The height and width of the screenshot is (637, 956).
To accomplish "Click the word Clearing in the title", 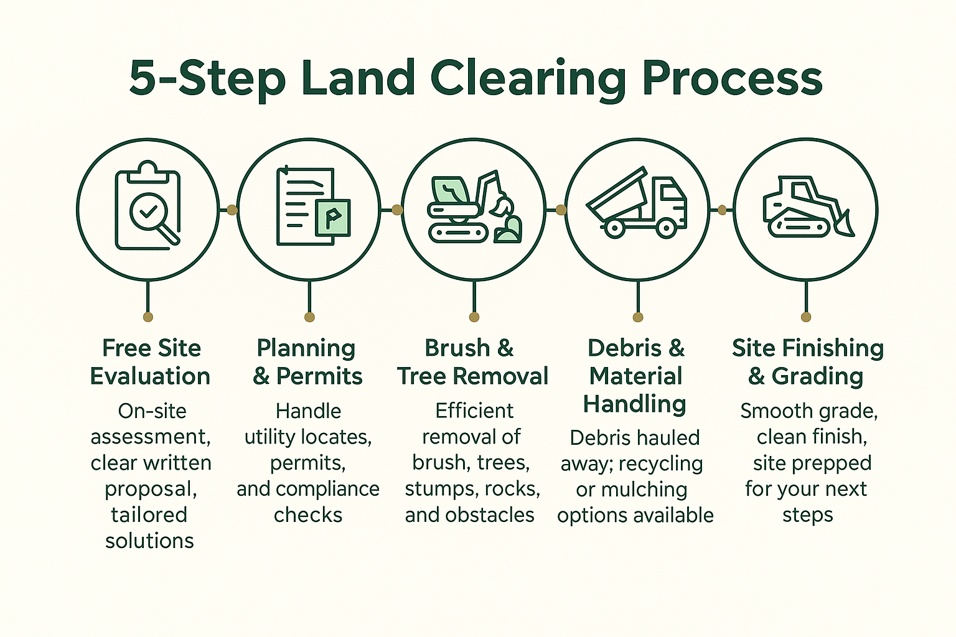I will (528, 80).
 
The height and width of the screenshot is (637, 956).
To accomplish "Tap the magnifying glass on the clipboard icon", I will (149, 213).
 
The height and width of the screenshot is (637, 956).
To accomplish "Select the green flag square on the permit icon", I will (332, 218).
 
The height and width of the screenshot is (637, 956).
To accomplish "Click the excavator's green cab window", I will (449, 190).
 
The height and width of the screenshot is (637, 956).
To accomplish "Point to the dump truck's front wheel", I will (666, 228).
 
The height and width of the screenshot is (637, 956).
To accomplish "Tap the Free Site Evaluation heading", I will (151, 362).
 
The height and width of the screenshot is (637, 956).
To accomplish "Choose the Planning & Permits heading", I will (307, 362).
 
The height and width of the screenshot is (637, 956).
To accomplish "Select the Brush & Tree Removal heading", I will (472, 362).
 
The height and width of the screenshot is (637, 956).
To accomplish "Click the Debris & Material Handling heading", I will (635, 376).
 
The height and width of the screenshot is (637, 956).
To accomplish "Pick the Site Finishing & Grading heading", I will (807, 362).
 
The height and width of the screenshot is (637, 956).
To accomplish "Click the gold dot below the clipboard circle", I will (148, 317).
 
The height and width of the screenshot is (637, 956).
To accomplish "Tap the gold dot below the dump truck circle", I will (637, 317).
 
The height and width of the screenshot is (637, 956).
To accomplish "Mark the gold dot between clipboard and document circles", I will (232, 210).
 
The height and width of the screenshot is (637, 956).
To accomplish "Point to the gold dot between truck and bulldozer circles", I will (722, 210).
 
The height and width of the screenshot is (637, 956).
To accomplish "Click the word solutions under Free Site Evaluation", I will (149, 541).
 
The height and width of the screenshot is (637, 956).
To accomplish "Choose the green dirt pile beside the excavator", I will (509, 229).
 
